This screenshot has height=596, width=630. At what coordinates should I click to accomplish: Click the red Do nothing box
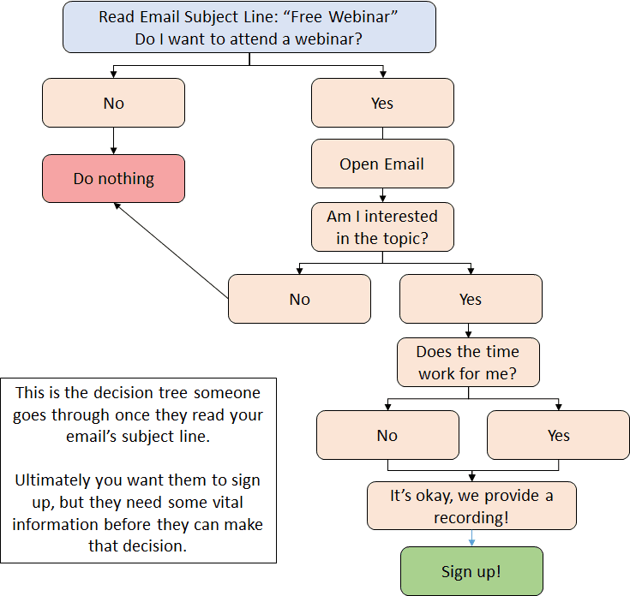(x=113, y=178)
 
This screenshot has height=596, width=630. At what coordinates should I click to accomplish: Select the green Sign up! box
(x=471, y=571)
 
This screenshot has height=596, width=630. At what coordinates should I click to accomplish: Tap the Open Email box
(x=381, y=164)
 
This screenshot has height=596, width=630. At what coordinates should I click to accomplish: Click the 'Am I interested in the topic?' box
(x=381, y=227)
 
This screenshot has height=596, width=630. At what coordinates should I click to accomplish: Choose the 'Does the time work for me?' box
(x=467, y=362)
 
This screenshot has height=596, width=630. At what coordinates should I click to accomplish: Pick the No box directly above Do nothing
(x=113, y=103)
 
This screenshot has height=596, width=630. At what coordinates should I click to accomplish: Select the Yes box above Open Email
(x=381, y=103)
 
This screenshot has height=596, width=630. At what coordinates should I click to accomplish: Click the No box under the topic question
(x=299, y=299)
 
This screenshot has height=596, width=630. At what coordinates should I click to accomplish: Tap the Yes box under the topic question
(x=471, y=299)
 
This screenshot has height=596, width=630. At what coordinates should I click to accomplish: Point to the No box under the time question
(x=387, y=435)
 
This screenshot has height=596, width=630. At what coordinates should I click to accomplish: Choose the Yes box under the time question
(x=558, y=435)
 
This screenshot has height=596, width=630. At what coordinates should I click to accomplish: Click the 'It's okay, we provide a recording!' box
(x=471, y=506)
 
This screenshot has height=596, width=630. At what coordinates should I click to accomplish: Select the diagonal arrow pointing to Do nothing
(x=171, y=251)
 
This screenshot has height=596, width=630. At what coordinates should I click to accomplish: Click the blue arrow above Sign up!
(x=471, y=538)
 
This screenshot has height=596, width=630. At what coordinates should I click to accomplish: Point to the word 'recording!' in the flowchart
(x=471, y=517)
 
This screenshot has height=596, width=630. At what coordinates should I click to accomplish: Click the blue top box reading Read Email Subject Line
(x=249, y=27)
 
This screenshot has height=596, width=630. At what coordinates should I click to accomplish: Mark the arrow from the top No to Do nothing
(x=113, y=140)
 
